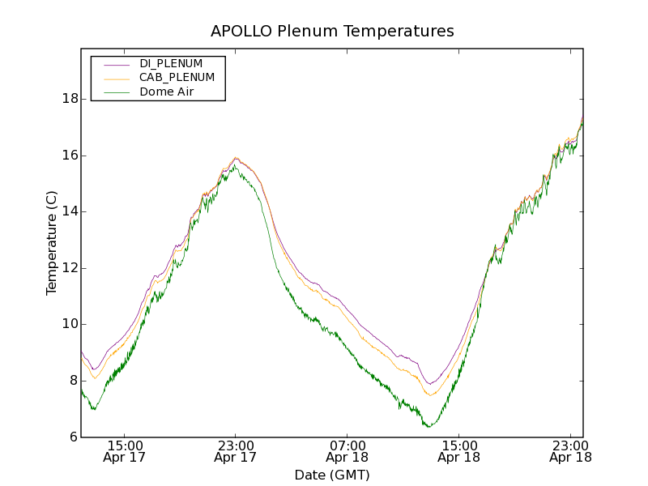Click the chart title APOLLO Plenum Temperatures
pos(332,32)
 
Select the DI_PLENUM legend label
pos(171,63)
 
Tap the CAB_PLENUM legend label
pos(177,78)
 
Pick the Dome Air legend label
pos(167,92)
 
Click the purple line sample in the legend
pos(117,63)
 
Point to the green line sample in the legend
pos(117,92)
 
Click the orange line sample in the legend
pos(117,78)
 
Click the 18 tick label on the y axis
pos(70,99)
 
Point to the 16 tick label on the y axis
pos(70,156)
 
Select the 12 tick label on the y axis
pos(70,268)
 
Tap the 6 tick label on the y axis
pos(74,437)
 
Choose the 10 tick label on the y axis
pos(70,325)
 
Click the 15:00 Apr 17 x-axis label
pos(125,451)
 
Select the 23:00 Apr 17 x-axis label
pos(236,451)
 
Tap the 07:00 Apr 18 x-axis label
pos(347,451)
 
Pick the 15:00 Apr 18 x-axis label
pos(458,451)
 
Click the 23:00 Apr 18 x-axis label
pos(569,451)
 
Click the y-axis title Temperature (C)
pos(52,243)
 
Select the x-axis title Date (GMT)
pos(332,475)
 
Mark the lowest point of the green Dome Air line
pos(428,426)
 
